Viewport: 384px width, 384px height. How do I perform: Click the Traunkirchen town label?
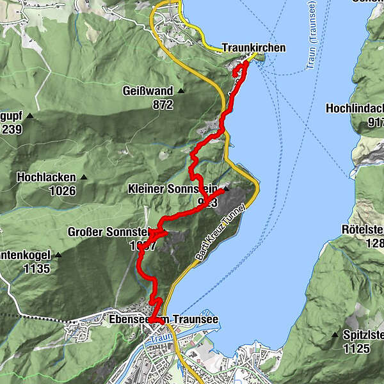click(x=253, y=48)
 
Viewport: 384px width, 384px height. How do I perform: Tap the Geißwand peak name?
click(x=148, y=92)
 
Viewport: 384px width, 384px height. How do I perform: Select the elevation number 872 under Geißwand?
click(x=163, y=104)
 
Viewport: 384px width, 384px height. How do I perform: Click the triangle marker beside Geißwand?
click(x=181, y=92)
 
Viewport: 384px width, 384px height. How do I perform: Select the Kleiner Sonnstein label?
click(x=172, y=190)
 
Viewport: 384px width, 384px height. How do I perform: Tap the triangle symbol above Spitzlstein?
click(x=335, y=335)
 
